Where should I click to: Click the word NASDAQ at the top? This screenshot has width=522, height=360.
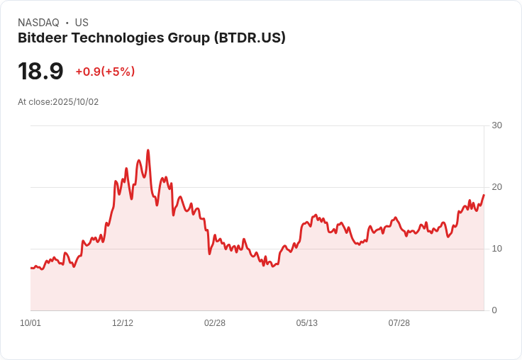(x=38, y=23)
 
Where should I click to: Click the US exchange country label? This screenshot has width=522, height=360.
(x=82, y=23)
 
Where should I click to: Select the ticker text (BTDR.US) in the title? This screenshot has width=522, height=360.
(x=250, y=38)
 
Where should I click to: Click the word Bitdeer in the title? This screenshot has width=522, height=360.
(x=41, y=38)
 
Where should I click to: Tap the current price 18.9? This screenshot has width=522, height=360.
(x=40, y=72)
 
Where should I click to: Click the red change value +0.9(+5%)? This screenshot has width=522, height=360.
(x=105, y=72)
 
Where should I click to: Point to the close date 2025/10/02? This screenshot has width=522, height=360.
(x=76, y=102)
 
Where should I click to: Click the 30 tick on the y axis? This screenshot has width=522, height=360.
(x=496, y=125)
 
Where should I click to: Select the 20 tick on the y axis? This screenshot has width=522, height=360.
(x=496, y=187)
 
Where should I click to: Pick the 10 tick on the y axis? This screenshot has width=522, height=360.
(x=496, y=249)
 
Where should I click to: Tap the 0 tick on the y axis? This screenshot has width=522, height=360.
(x=494, y=310)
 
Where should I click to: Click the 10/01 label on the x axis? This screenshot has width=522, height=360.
(x=30, y=323)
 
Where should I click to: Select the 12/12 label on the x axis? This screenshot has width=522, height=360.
(x=123, y=323)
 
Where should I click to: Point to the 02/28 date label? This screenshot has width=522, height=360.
(x=215, y=323)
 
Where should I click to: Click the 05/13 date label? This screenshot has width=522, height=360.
(x=307, y=323)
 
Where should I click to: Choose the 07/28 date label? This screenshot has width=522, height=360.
(x=399, y=323)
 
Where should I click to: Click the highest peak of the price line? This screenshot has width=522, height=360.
(x=148, y=150)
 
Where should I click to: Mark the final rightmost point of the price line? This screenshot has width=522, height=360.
(x=484, y=195)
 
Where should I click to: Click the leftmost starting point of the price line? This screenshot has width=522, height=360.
(x=30, y=268)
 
